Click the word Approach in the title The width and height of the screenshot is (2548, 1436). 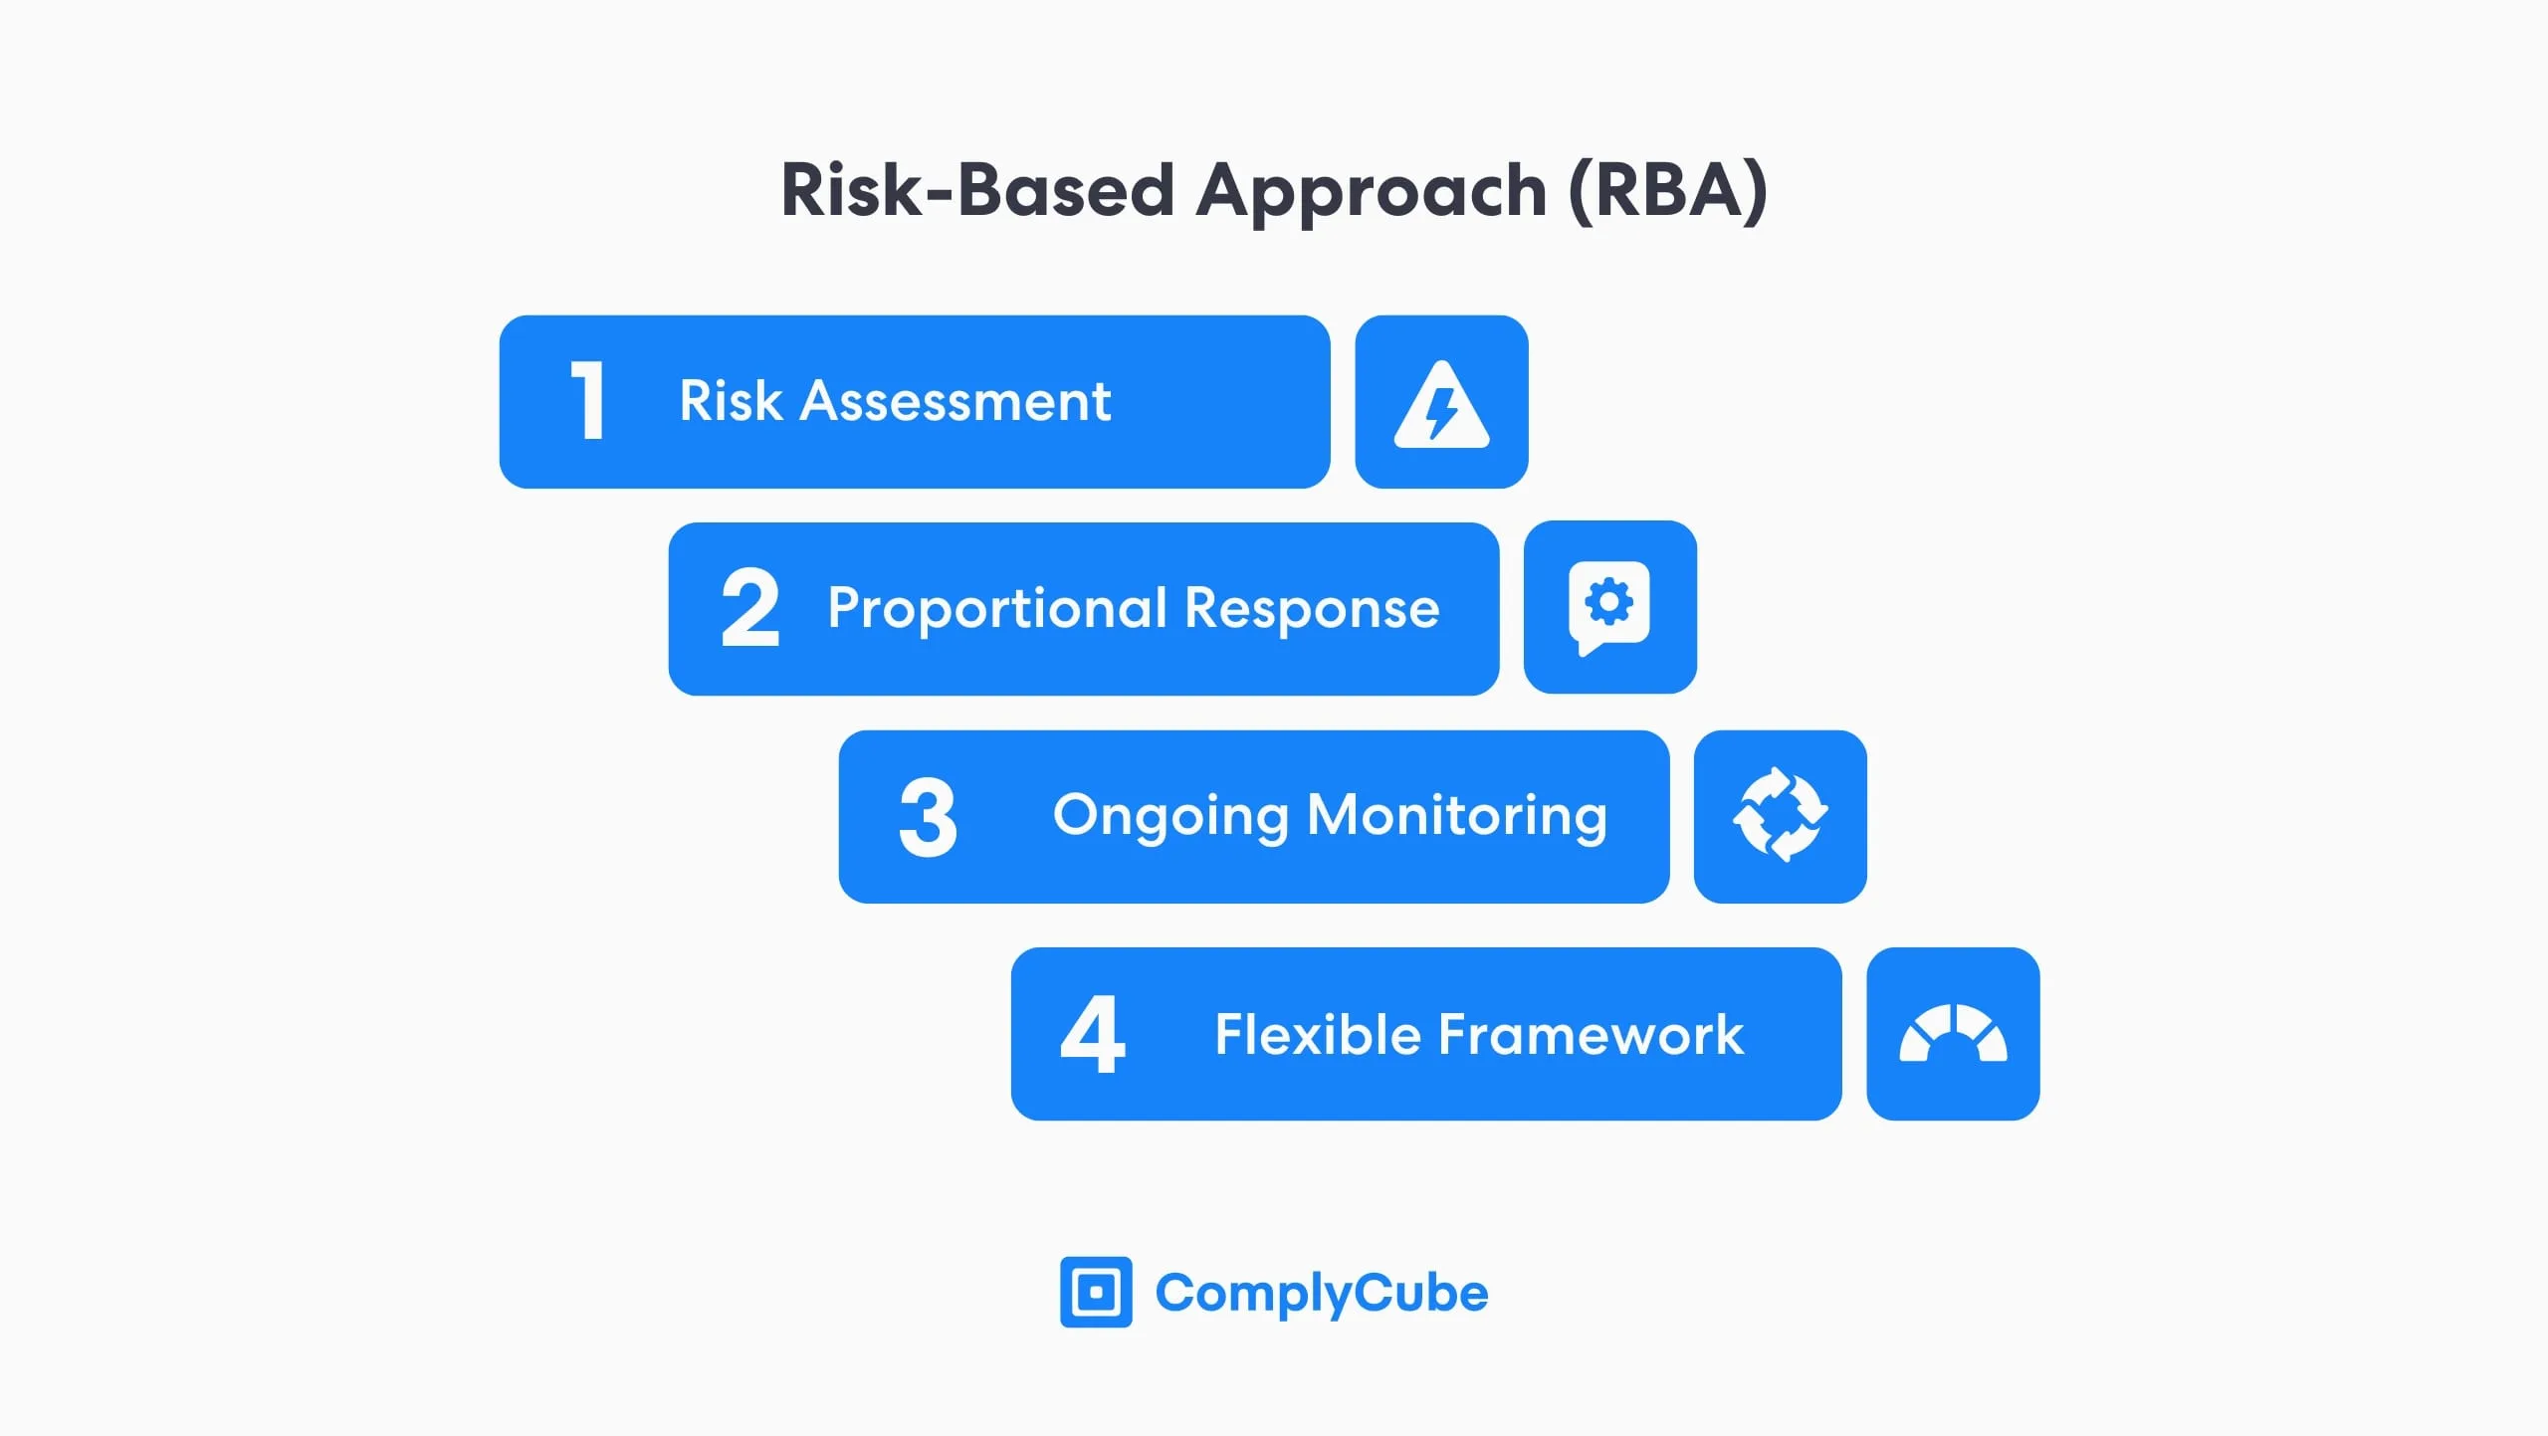1372,192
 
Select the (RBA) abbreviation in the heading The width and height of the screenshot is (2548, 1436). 1668,190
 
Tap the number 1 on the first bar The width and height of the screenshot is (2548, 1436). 588,400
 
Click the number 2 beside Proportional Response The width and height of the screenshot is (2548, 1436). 749,607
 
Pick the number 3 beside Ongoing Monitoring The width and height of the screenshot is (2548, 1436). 928,817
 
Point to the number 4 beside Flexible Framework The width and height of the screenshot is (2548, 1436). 1093,1034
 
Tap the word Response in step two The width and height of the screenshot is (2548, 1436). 1313,608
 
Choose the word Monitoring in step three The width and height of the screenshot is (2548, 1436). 1457,816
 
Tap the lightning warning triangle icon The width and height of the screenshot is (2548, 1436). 1442,404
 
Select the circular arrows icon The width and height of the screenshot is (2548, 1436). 1781,815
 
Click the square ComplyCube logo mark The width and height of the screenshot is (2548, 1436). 1096,1292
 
